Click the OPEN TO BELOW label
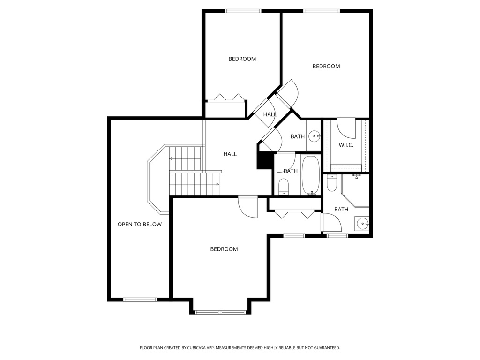point(139,225)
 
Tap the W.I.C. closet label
point(346,145)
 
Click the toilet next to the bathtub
point(284,187)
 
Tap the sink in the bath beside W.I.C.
point(314,136)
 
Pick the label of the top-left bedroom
point(242,59)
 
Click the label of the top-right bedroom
point(326,67)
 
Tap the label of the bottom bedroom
point(224,249)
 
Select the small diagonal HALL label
point(270,114)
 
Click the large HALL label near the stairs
point(230,154)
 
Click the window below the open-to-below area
point(140,299)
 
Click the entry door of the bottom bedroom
point(248,206)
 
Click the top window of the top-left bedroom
point(243,11)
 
